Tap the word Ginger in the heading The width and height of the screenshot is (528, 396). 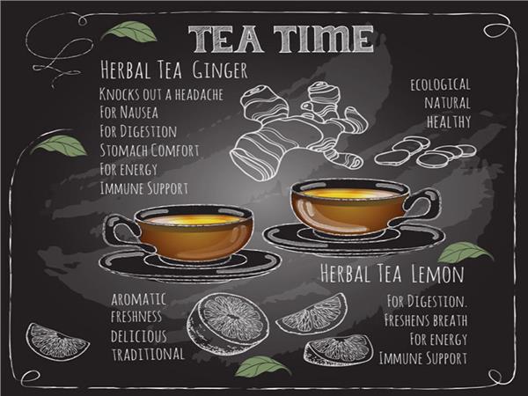[x=220, y=70]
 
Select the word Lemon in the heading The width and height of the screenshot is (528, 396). [x=437, y=274]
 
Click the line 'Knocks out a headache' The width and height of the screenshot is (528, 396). [x=161, y=94]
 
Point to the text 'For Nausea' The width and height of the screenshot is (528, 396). [x=129, y=113]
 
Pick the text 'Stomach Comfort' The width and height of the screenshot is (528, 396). [x=150, y=150]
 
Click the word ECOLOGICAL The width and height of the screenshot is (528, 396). [x=440, y=84]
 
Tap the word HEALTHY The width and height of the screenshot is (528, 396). [x=449, y=121]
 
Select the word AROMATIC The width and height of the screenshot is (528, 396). [x=139, y=299]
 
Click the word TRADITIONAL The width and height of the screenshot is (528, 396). [x=148, y=355]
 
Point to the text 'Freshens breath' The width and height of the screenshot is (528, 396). [x=426, y=320]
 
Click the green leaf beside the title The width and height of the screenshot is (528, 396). [x=129, y=32]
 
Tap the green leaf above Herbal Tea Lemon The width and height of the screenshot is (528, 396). [x=465, y=253]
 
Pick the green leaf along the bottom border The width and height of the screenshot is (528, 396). [x=262, y=366]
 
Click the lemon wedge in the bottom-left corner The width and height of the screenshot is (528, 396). [x=57, y=341]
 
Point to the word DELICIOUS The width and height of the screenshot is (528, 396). [x=139, y=336]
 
